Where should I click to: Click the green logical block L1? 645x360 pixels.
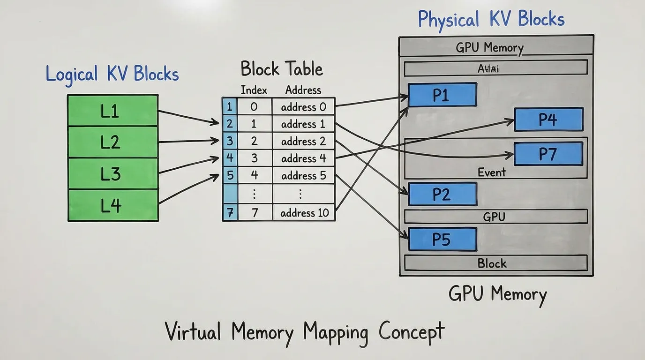coord(112,111)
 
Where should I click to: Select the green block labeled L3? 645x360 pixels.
coord(112,173)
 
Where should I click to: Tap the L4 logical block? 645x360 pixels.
coord(112,205)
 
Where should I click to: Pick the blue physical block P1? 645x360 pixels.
coord(442,95)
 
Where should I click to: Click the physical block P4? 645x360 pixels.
coord(548,120)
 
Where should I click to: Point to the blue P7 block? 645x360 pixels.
coord(548,154)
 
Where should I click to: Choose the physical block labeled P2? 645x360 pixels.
coord(442,194)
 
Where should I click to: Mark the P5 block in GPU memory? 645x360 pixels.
coord(442,239)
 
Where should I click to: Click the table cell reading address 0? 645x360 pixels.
coord(303,107)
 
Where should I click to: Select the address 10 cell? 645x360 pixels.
coord(304,213)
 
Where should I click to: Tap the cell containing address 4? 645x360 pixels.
coord(303,158)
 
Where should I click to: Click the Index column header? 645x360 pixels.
coord(254,90)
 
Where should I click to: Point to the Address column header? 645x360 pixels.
coord(303,90)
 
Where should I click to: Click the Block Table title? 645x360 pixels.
coord(282,69)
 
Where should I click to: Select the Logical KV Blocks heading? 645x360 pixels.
coord(112,75)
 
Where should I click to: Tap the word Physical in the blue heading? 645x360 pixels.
coord(449,20)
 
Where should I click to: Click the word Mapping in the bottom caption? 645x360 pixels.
coord(335,332)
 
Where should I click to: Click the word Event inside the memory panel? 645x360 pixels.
coord(492,172)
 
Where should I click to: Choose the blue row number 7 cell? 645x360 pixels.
coord(230,213)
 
